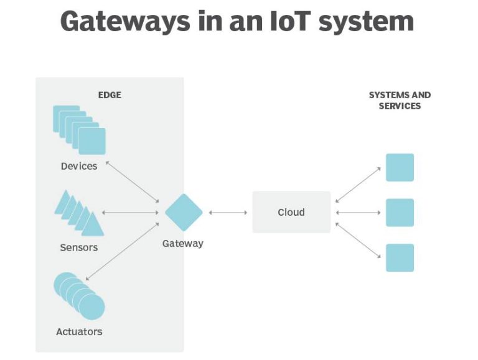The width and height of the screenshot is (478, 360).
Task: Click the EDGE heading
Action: (x=110, y=95)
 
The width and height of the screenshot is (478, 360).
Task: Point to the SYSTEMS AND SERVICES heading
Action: (x=400, y=100)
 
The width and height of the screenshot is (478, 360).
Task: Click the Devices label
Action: (x=79, y=166)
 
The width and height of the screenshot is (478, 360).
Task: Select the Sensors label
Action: (x=79, y=247)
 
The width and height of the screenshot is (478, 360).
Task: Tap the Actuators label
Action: (x=79, y=331)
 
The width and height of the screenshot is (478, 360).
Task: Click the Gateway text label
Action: (x=183, y=243)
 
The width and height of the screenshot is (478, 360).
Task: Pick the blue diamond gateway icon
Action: (x=184, y=212)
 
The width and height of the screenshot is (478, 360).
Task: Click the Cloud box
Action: (x=291, y=212)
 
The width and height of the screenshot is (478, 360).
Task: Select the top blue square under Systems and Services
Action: (x=400, y=167)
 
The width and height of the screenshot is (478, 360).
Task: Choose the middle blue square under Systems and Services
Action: (x=400, y=213)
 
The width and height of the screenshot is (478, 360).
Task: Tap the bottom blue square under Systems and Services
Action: (x=400, y=257)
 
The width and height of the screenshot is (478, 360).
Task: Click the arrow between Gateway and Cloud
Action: (x=228, y=213)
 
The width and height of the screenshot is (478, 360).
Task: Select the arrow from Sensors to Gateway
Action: (x=131, y=213)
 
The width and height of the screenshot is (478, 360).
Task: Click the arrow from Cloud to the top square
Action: (x=358, y=185)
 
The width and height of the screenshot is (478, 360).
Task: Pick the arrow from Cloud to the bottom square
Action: (x=358, y=241)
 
